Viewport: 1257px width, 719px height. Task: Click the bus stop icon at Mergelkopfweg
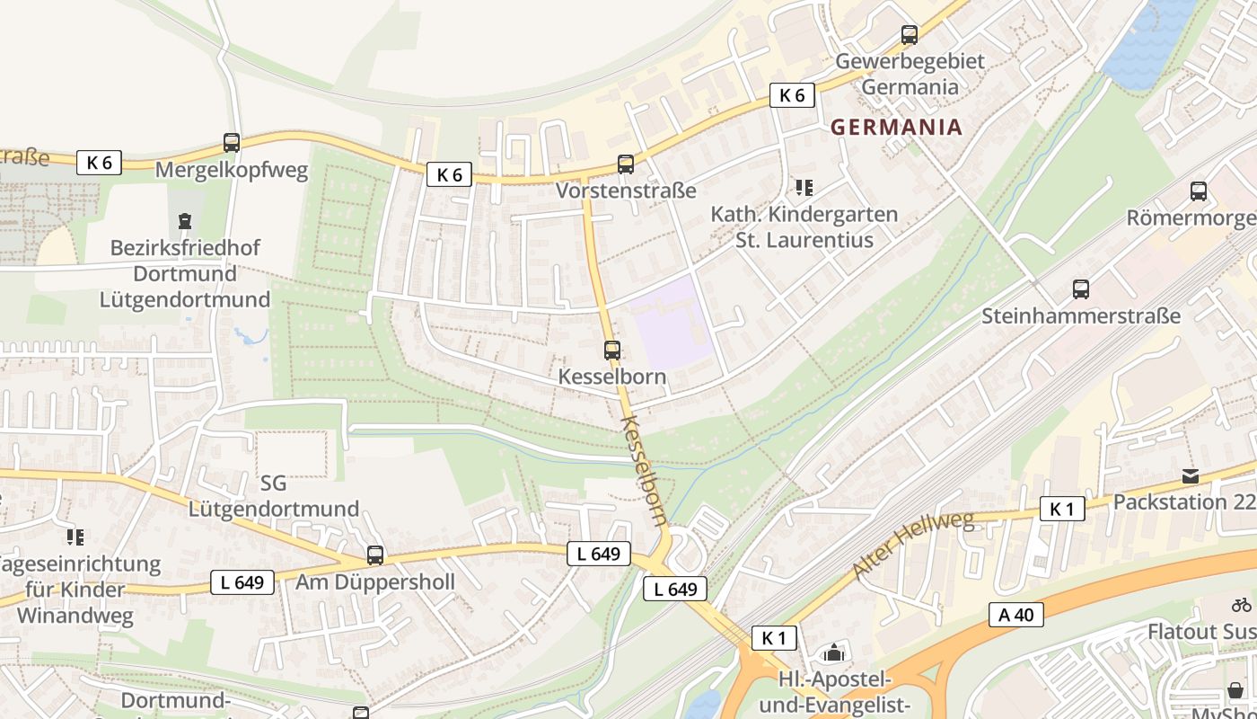(x=232, y=143)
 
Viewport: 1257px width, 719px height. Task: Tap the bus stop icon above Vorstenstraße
(x=626, y=164)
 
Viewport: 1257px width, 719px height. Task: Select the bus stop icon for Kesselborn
(x=612, y=351)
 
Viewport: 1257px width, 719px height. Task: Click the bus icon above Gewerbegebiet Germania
(x=910, y=35)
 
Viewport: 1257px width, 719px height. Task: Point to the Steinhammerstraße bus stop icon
(x=1081, y=289)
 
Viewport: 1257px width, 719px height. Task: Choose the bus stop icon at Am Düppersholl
(x=375, y=555)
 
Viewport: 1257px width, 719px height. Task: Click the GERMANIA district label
(x=896, y=127)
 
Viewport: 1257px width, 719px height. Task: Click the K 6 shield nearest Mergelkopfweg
(x=99, y=163)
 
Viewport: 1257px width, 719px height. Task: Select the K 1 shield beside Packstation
(x=1061, y=510)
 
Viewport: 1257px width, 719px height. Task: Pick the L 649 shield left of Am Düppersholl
(x=242, y=582)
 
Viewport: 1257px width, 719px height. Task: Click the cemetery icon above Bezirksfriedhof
(x=185, y=220)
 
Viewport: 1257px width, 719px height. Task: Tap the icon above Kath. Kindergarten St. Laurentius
(x=804, y=188)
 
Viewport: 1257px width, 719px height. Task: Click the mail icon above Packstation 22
(x=1191, y=476)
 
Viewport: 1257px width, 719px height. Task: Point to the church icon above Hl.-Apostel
(x=834, y=652)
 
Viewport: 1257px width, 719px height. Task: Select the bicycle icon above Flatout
(x=1242, y=605)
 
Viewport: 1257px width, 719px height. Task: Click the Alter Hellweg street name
(x=912, y=546)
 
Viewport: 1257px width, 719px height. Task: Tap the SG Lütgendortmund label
(x=273, y=496)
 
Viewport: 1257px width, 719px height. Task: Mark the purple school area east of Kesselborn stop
(x=672, y=322)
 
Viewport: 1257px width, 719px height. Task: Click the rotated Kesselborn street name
(x=645, y=470)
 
